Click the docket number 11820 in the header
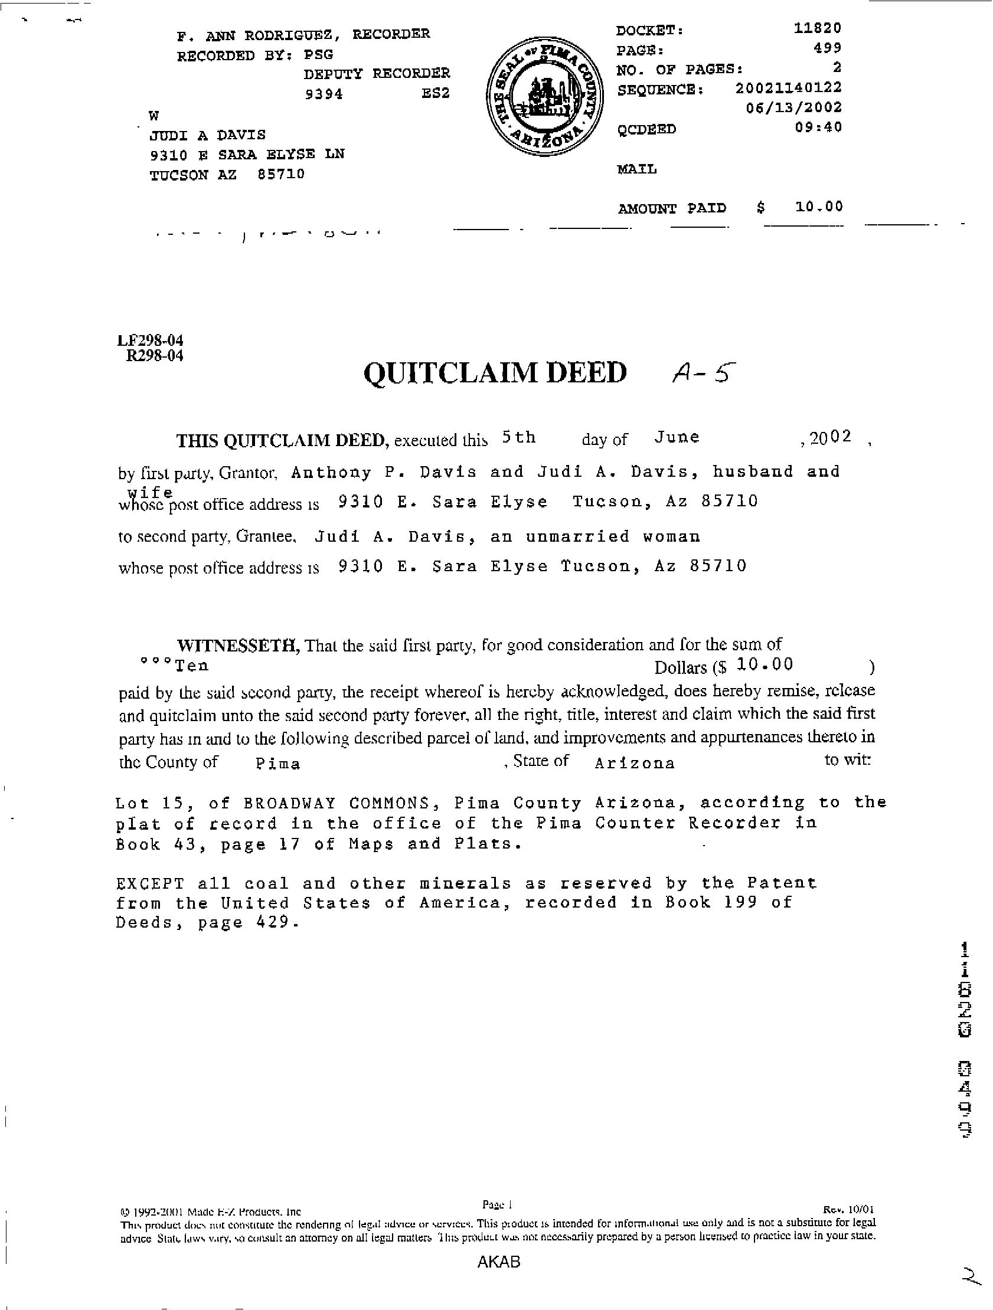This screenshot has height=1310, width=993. [x=817, y=28]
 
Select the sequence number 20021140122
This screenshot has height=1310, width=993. [x=788, y=89]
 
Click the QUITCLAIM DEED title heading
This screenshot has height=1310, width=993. [x=495, y=373]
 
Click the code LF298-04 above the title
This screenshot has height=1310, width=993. [x=151, y=340]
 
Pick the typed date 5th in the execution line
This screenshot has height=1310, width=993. [x=518, y=438]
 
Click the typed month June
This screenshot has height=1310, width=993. [x=677, y=438]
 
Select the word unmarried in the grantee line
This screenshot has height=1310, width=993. [x=577, y=536]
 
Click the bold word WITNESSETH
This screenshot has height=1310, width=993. [x=239, y=644]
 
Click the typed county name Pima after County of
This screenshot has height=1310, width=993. [x=278, y=764]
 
